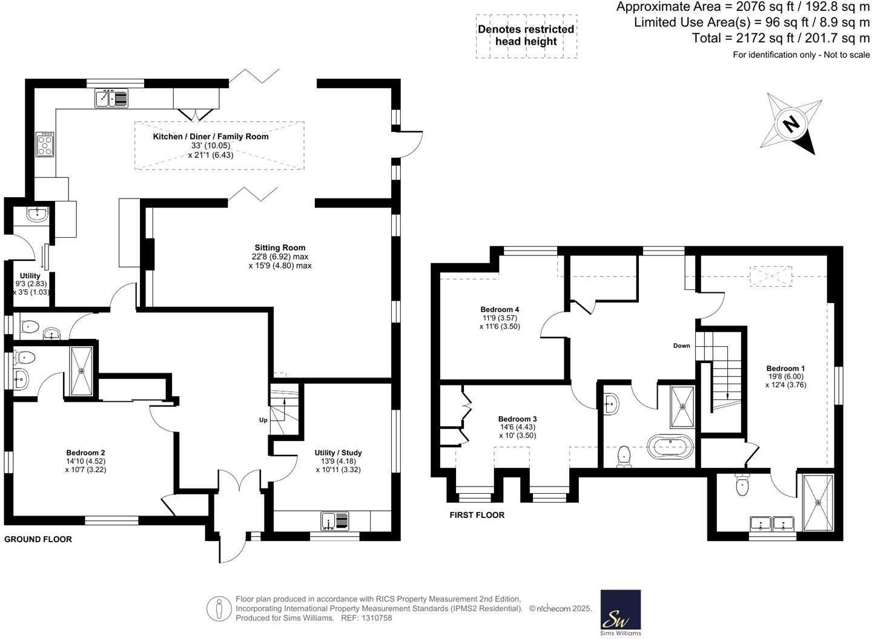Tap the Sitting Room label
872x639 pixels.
[280, 247]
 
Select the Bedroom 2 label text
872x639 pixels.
[85, 453]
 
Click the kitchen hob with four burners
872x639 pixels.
[45, 144]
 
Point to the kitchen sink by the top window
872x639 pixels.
[111, 99]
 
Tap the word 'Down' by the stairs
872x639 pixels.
[681, 346]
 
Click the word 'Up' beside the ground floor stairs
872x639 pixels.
[263, 420]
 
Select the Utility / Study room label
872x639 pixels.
[338, 453]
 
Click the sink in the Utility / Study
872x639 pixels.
[335, 520]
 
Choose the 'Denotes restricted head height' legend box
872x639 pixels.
[526, 36]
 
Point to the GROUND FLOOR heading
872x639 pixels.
[38, 539]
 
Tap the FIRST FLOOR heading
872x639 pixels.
[477, 515]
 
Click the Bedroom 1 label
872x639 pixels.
[785, 369]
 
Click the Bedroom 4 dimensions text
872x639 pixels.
[500, 322]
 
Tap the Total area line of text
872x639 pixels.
[781, 38]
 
